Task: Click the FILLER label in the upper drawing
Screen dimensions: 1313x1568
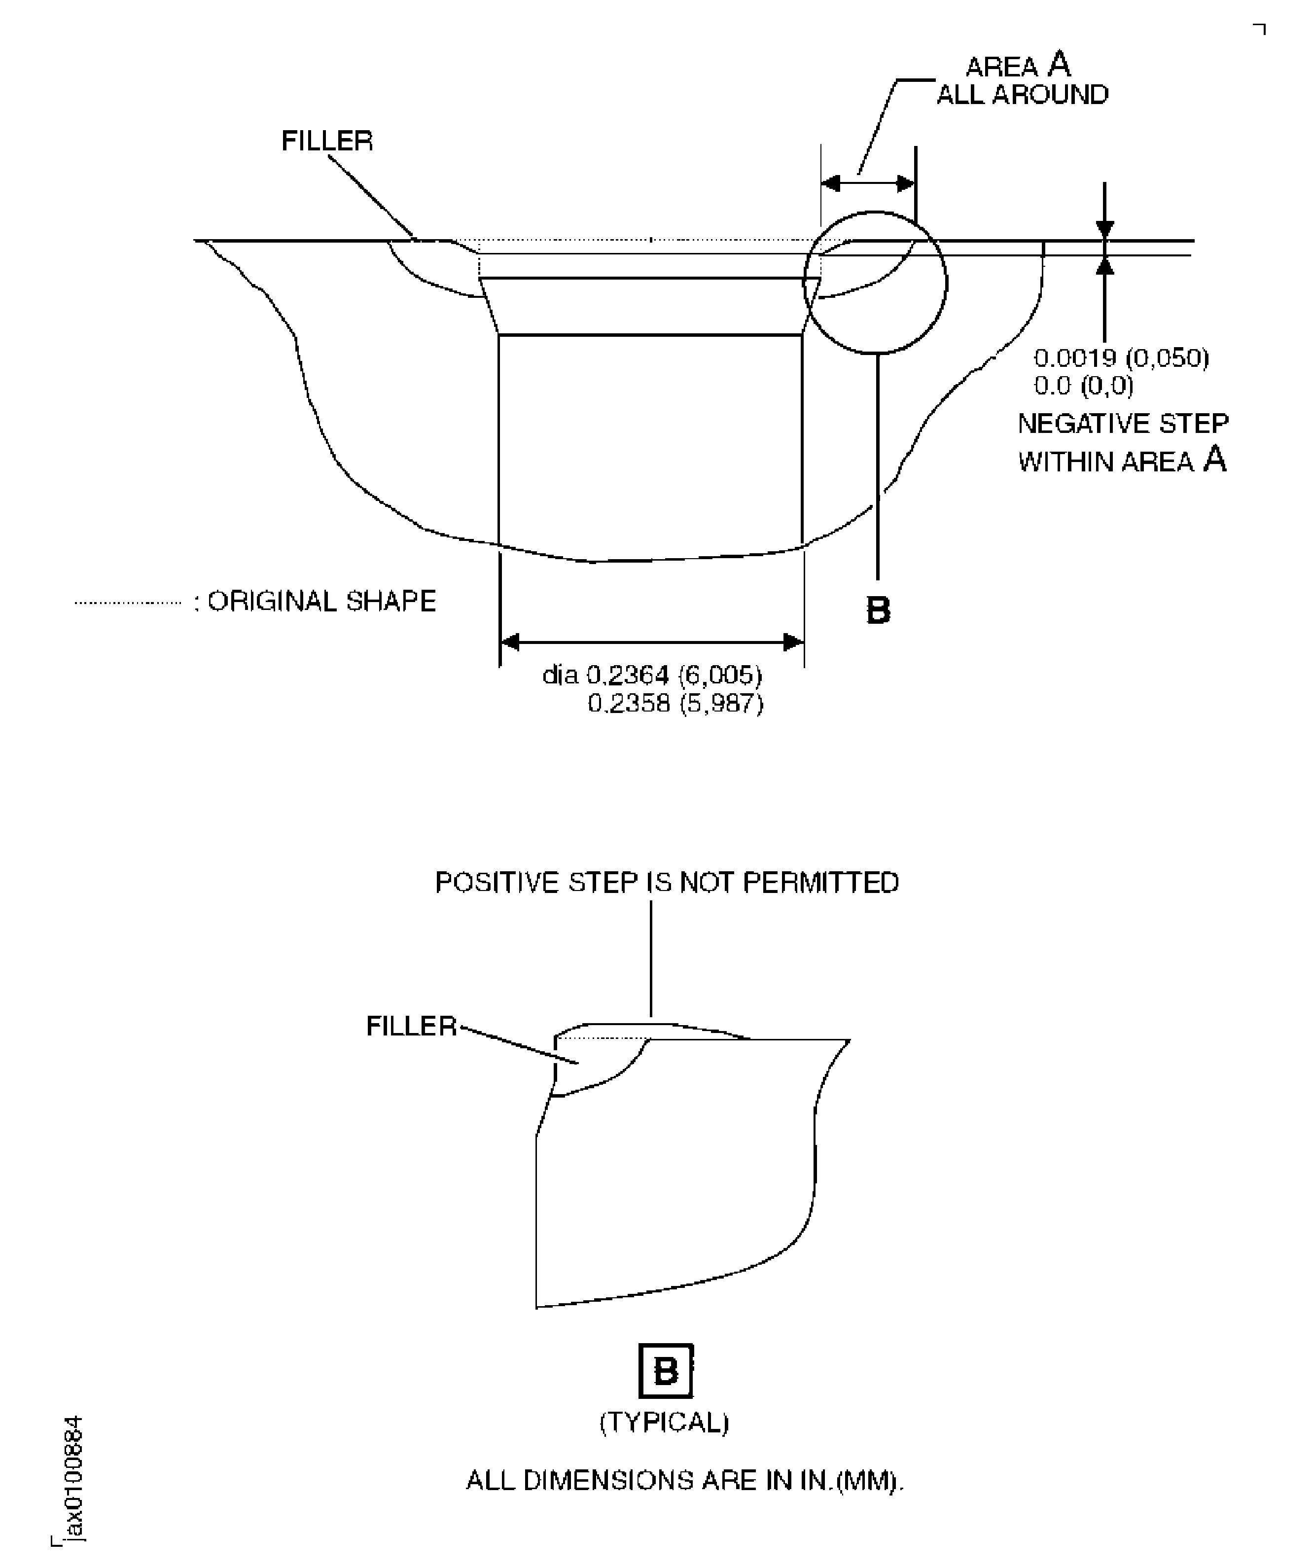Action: tap(327, 141)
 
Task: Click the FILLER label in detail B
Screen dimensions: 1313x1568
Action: tap(411, 1026)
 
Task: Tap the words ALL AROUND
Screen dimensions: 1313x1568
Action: tap(1023, 95)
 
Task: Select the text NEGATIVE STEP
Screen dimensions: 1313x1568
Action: tap(1123, 424)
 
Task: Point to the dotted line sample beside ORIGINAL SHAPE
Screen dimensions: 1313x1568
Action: tap(128, 603)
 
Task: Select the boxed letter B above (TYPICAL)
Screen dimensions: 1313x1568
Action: tap(666, 1371)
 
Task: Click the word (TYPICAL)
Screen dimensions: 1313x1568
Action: tap(664, 1423)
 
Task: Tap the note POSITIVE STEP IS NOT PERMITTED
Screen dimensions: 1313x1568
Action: tap(667, 883)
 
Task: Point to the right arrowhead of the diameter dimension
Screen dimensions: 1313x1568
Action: tap(793, 641)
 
